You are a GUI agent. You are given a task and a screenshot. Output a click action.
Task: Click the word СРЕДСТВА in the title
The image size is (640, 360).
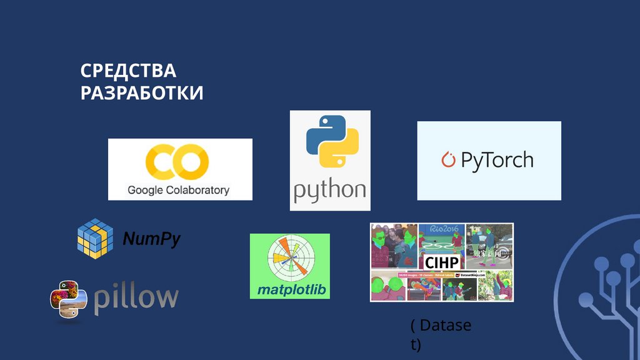[128, 71]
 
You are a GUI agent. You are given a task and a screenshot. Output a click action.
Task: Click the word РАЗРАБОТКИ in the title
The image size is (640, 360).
[142, 93]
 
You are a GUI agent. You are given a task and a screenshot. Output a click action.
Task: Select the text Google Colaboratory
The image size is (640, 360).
[179, 190]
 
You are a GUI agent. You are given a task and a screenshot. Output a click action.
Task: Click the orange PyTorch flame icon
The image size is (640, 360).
[448, 160]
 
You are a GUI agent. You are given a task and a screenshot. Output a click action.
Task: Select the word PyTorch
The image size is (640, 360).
[497, 160]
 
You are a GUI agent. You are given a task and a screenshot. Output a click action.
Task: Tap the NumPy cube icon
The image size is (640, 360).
[94, 237]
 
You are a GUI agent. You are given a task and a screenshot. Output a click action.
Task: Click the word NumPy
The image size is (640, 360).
[151, 239]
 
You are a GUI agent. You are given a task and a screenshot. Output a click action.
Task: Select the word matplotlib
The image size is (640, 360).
[289, 290]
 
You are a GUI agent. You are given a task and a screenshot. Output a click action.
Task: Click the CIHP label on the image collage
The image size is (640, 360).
[442, 262]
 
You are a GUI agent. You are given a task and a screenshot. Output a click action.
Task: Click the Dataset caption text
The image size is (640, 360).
[441, 334]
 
